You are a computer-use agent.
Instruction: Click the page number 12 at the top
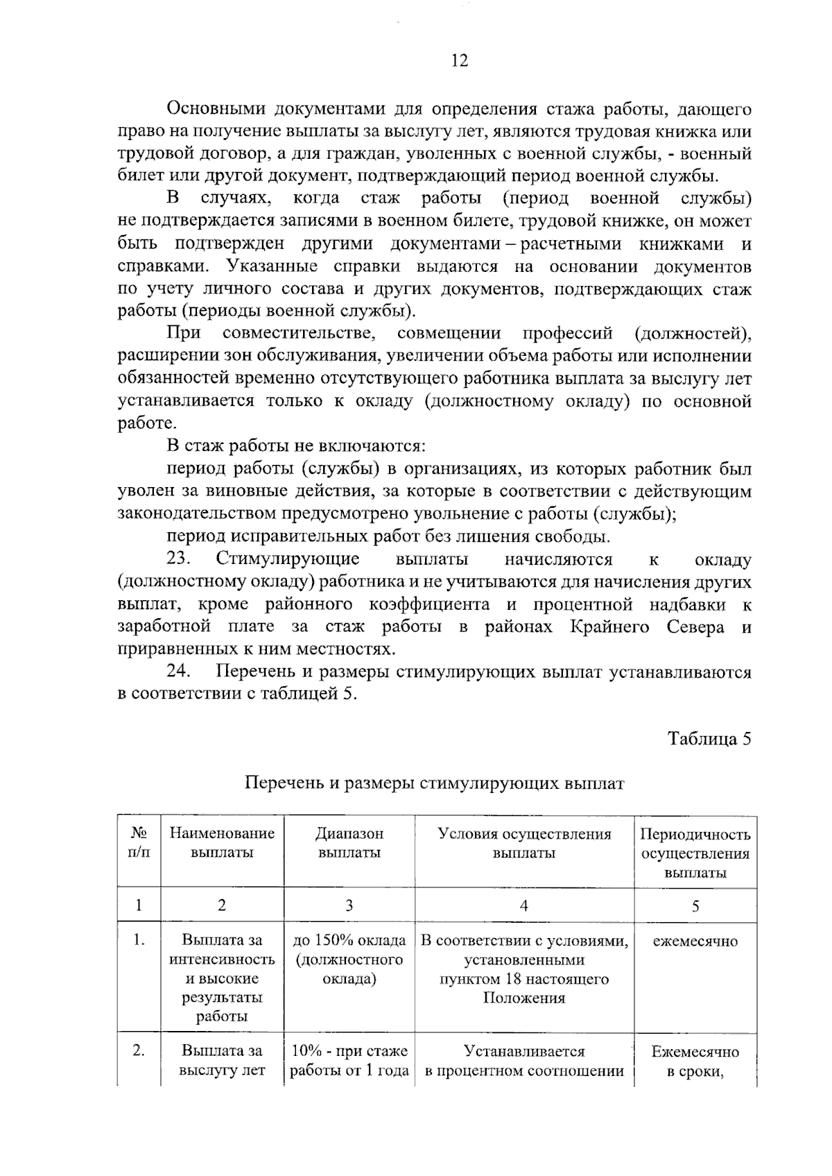[459, 60]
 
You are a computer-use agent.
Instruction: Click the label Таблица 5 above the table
[709, 738]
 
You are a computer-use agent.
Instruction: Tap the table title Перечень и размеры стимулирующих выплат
[435, 783]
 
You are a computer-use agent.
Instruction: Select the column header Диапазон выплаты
[349, 843]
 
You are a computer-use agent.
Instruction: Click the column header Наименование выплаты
[222, 843]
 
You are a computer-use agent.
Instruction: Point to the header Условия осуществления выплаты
[524, 843]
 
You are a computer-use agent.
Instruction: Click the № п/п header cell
[139, 843]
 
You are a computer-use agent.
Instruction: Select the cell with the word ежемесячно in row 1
[695, 941]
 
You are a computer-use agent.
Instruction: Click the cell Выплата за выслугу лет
[222, 1061]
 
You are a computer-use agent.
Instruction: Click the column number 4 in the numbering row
[524, 905]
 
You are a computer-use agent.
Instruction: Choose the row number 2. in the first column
[139, 1051]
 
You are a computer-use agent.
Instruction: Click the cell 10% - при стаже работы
[349, 1061]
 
